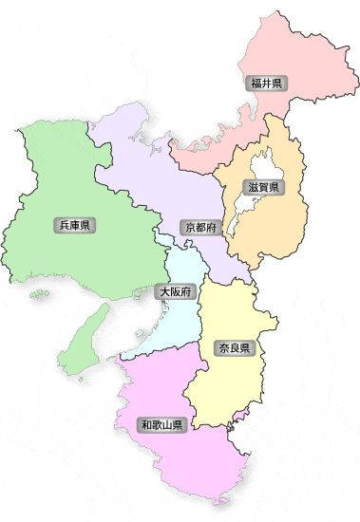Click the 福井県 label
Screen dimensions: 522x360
266,84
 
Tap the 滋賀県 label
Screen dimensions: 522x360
262,187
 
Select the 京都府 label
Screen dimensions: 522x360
201,228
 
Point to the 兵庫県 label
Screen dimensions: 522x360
74,225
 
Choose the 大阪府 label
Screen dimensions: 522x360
176,292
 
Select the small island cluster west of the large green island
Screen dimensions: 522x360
39,294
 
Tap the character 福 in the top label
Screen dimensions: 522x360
256,84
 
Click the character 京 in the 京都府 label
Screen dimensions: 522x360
191,228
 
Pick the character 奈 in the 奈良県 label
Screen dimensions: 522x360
222,348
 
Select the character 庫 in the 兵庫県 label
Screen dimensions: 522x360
74,225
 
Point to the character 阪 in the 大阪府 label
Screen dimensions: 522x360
176,292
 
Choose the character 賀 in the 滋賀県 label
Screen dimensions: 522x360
262,187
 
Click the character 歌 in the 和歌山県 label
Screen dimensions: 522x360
156,424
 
